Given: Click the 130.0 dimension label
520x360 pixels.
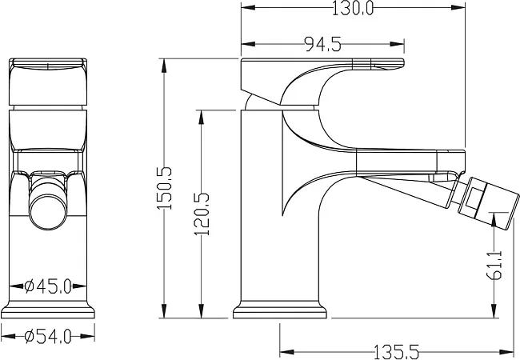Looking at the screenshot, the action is (x=353, y=8).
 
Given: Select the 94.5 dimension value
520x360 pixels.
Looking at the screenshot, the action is (x=322, y=45).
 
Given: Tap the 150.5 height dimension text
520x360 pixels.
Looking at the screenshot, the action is (x=165, y=188).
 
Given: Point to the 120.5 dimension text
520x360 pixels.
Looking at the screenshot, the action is (x=202, y=214).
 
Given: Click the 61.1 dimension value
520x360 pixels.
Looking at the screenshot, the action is (x=494, y=265).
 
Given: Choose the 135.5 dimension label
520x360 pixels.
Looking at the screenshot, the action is (x=396, y=351).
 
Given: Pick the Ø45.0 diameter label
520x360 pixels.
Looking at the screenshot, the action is (x=48, y=286).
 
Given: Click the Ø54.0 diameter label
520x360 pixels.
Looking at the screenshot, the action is (x=48, y=337).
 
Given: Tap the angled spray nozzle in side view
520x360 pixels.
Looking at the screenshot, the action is (x=488, y=203).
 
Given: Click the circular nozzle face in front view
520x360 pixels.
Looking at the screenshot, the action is (x=48, y=212).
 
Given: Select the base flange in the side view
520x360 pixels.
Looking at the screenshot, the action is (x=280, y=310).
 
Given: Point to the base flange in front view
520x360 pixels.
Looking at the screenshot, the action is (x=48, y=310).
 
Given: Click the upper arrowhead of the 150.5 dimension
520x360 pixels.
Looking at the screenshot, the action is (x=163, y=66).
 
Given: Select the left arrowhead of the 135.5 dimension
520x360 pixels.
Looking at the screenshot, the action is (x=287, y=351).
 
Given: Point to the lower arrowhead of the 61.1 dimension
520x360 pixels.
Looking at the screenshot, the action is (x=494, y=311).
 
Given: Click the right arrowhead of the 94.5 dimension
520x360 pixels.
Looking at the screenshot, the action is (x=397, y=44).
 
